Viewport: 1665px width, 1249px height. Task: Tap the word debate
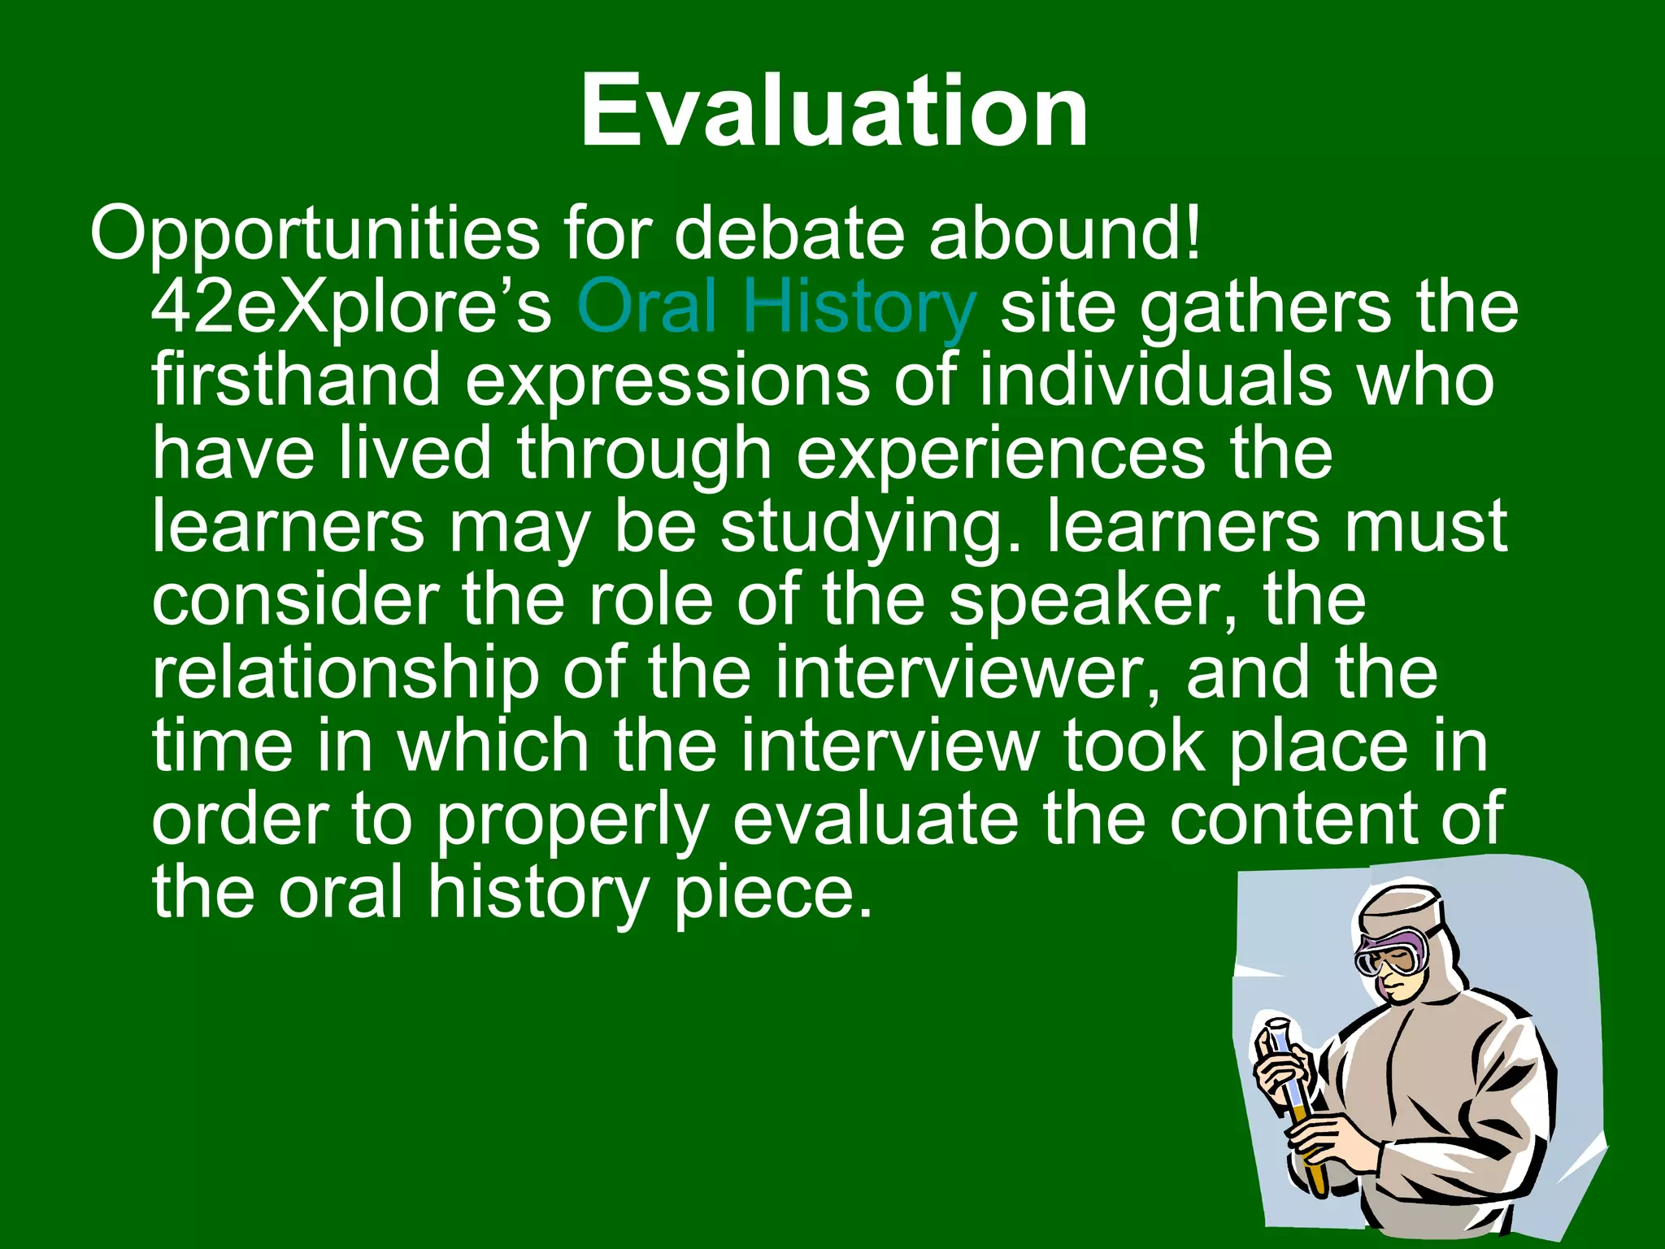[789, 234]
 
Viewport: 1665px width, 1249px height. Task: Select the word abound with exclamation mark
[1065, 234]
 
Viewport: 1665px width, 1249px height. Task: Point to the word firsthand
[296, 380]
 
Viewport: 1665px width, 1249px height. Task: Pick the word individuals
[1154, 380]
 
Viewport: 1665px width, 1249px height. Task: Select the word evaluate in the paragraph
[875, 820]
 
